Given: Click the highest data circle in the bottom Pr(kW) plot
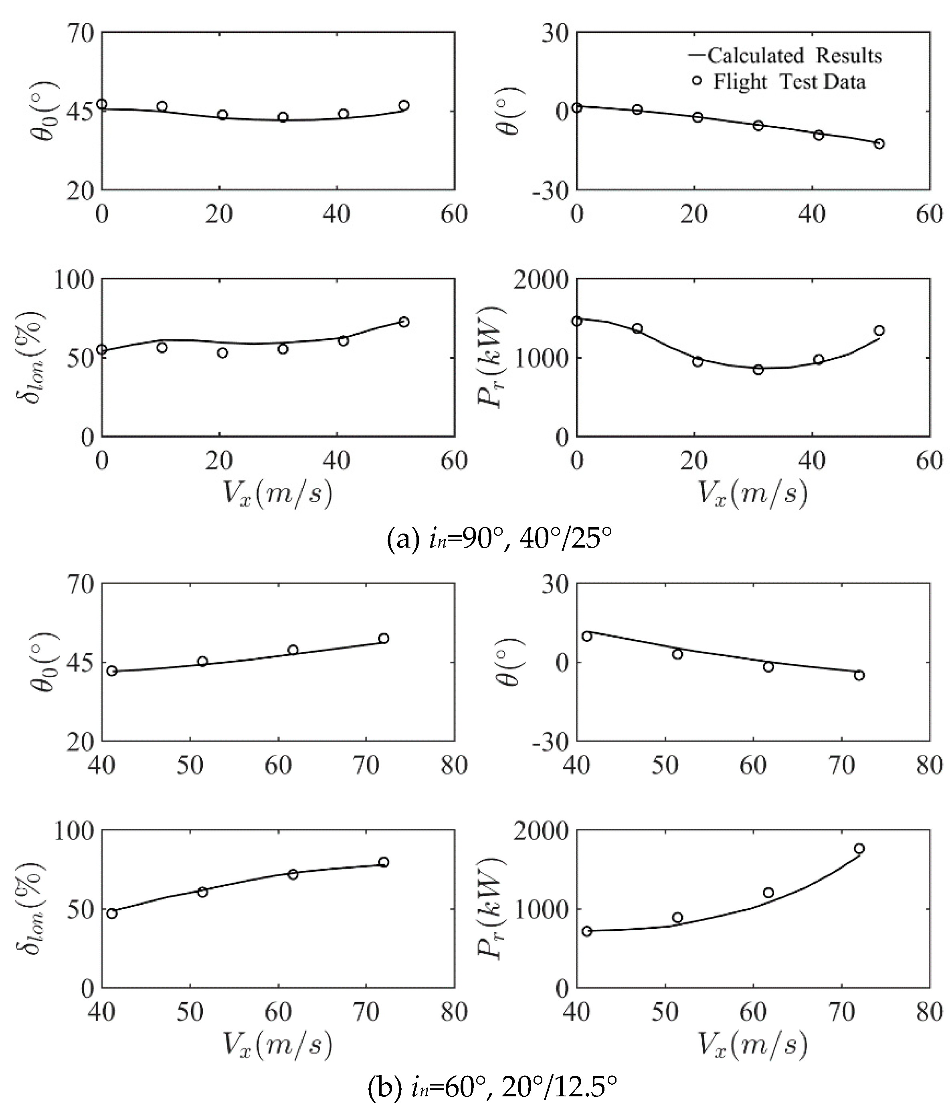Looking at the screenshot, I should pos(859,848).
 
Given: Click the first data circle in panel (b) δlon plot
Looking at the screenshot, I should pos(112,914).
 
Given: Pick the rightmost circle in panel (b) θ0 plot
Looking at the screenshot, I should pos(384,638).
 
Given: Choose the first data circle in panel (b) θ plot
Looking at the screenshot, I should pos(586,636).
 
